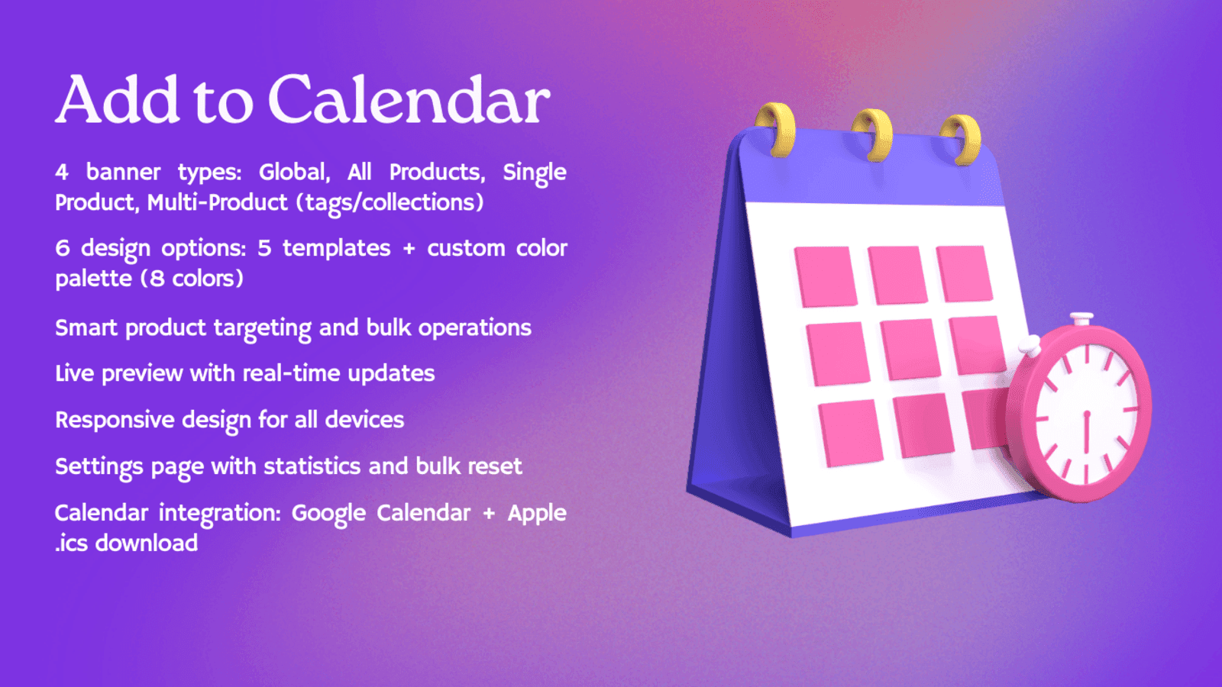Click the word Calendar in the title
409,101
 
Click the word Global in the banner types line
293,172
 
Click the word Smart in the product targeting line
86,328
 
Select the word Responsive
115,420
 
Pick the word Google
328,513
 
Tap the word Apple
537,513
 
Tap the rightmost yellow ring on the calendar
962,139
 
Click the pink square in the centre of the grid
909,349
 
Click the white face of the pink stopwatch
1085,416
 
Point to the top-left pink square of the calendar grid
825,276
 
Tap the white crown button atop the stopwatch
1081,318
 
